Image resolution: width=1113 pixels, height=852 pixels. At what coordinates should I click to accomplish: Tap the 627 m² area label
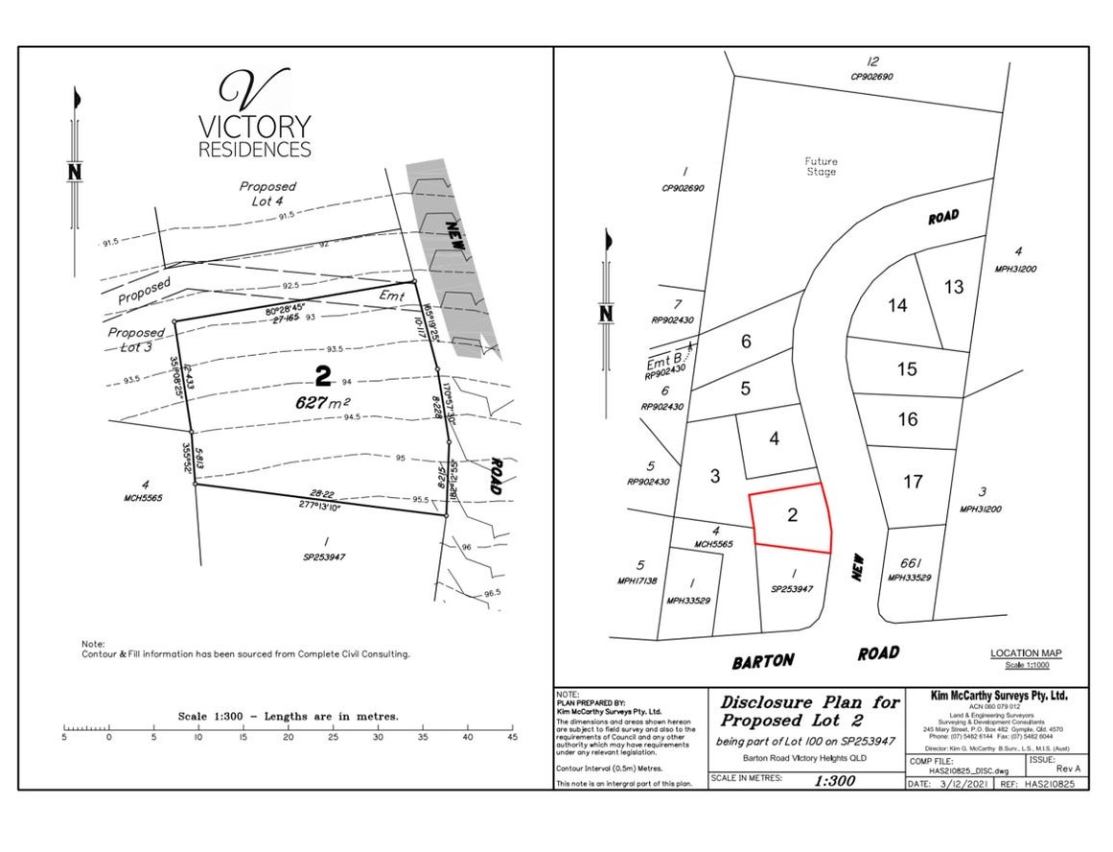pyautogui.click(x=321, y=404)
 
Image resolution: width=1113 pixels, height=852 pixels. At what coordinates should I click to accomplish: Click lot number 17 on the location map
pyautogui.click(x=912, y=482)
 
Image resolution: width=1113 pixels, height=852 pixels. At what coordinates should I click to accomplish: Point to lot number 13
pyautogui.click(x=953, y=286)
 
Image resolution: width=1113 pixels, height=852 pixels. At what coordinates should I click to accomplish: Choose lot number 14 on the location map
pyautogui.click(x=896, y=306)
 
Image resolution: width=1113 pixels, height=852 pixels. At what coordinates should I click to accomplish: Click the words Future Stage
pyautogui.click(x=820, y=167)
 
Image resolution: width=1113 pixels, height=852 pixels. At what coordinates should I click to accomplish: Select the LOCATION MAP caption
pyautogui.click(x=1026, y=653)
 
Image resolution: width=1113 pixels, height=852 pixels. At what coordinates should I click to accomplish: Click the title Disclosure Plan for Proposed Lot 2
pyautogui.click(x=809, y=711)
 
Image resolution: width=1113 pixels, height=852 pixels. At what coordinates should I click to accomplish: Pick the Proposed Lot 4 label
pyautogui.click(x=267, y=194)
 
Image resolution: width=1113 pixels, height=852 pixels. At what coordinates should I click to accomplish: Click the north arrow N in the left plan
pyautogui.click(x=74, y=172)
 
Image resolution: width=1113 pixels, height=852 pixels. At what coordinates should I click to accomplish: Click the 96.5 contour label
pyautogui.click(x=492, y=593)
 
